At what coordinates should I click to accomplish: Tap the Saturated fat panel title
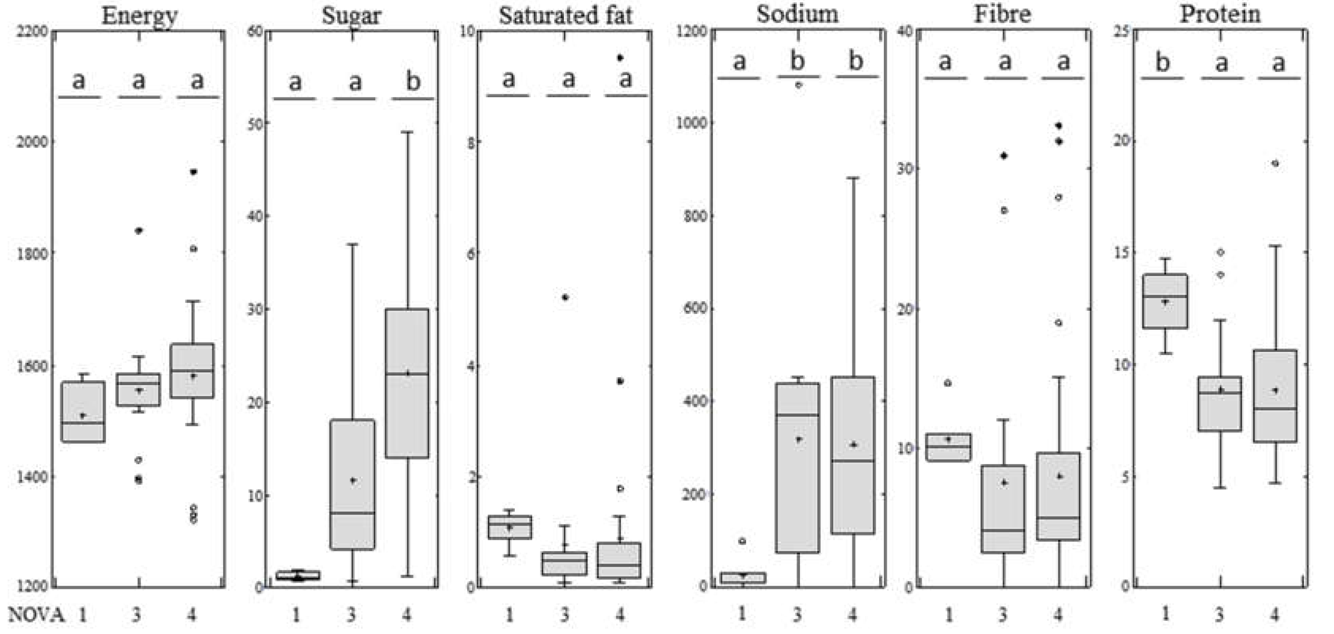pyautogui.click(x=565, y=15)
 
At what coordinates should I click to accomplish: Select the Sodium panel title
pyautogui.click(x=797, y=13)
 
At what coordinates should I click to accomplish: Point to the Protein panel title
pyautogui.click(x=1220, y=13)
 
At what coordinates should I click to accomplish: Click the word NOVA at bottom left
pyautogui.click(x=36, y=615)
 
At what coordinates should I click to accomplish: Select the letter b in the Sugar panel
pyautogui.click(x=413, y=81)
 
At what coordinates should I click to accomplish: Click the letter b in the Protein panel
pyautogui.click(x=1163, y=63)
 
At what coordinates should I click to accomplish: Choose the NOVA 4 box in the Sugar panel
pyautogui.click(x=407, y=383)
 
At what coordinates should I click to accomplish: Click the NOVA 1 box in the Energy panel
pyautogui.click(x=83, y=412)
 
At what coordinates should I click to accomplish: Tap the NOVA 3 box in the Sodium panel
pyautogui.click(x=797, y=468)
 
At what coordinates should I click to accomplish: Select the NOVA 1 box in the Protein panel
pyautogui.click(x=1165, y=301)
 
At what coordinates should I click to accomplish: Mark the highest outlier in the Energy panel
pyautogui.click(x=193, y=172)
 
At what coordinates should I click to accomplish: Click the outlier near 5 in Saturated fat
pyautogui.click(x=565, y=297)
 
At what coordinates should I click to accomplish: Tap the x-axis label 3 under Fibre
pyautogui.click(x=1003, y=615)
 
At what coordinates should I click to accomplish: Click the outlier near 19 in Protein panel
pyautogui.click(x=1275, y=163)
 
